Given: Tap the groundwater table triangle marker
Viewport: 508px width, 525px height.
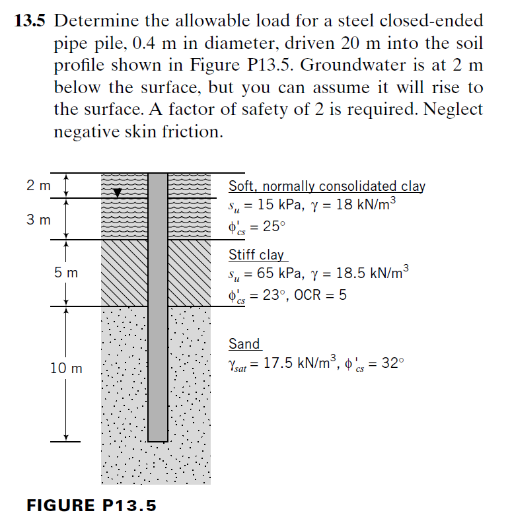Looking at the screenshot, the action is [x=118, y=193].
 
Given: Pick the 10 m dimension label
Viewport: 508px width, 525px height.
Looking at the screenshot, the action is [x=66, y=368].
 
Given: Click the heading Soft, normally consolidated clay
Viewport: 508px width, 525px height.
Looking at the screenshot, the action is [x=327, y=186].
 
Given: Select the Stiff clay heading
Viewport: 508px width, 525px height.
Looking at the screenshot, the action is [x=256, y=254].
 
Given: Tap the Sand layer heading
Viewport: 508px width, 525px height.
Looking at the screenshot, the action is [x=244, y=343].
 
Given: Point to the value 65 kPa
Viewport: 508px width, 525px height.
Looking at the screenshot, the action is [x=280, y=273].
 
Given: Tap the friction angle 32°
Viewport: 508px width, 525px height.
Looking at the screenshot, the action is [x=389, y=363].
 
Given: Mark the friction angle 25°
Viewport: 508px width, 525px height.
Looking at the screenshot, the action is [x=274, y=227].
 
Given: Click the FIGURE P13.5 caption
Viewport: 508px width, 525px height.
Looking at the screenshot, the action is [x=92, y=506].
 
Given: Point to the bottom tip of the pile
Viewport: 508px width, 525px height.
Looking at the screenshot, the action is [x=157, y=440].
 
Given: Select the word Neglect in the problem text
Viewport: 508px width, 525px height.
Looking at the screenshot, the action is [x=451, y=110].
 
